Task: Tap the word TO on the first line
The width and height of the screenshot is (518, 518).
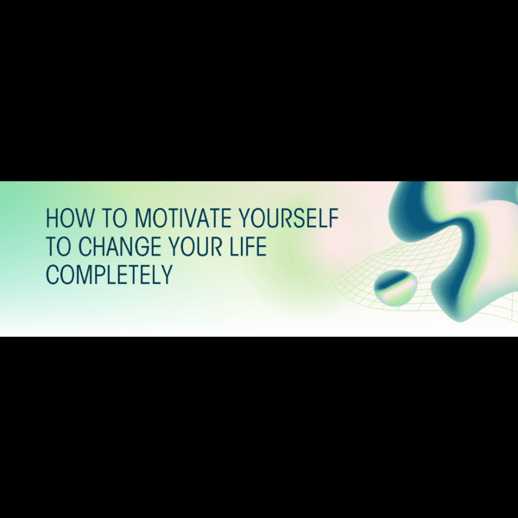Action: pyautogui.click(x=114, y=218)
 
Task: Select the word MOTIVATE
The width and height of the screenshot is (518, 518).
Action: pyautogui.click(x=183, y=218)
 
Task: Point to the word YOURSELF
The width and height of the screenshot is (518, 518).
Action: pyautogui.click(x=288, y=218)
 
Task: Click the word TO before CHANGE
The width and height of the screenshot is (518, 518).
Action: pyautogui.click(x=59, y=246)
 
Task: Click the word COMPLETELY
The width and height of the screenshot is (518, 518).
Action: pyautogui.click(x=110, y=275)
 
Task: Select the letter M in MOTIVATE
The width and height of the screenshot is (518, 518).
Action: pyautogui.click(x=142, y=218)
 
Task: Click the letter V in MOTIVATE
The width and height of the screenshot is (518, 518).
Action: pyautogui.click(x=193, y=218)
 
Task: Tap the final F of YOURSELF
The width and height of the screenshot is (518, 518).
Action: pyautogui.click(x=333, y=218)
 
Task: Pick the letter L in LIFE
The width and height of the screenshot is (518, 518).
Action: pyautogui.click(x=235, y=246)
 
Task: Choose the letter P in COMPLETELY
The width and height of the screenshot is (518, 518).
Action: pyautogui.click(x=95, y=275)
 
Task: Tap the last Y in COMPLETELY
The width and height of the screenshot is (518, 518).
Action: pyautogui.click(x=167, y=275)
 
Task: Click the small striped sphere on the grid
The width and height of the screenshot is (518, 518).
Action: pyautogui.click(x=395, y=287)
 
